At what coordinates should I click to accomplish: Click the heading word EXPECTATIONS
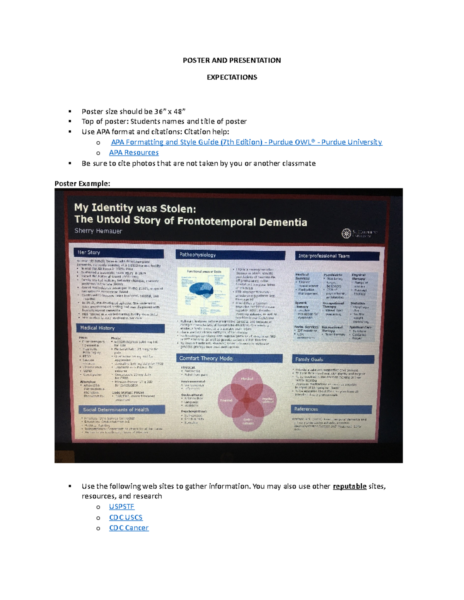232,77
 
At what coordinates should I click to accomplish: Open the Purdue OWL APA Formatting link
246,142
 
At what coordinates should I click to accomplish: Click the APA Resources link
134,153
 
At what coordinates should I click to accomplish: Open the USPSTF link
121,507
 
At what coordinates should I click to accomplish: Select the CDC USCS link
126,517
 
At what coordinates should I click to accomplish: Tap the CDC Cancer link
129,528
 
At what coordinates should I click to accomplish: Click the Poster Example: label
82,184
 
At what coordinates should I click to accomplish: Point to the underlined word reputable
350,486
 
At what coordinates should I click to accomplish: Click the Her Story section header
89,252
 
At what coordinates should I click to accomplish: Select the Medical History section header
97,328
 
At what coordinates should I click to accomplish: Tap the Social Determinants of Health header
116,410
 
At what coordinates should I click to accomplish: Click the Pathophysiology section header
198,255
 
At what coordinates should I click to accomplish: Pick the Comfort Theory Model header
206,358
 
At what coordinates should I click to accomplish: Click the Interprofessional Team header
324,256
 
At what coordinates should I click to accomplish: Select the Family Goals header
309,359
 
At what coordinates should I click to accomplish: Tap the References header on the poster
306,409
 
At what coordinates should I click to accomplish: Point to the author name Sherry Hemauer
98,231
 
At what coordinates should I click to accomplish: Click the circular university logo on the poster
346,233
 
